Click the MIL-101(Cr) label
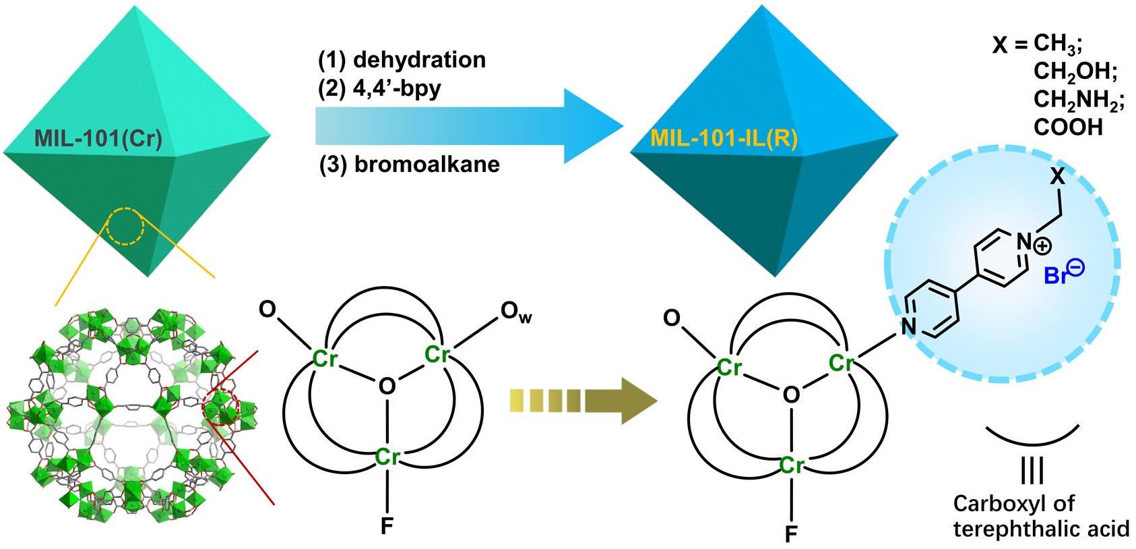tap(98, 140)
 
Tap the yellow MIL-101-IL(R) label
tap(724, 139)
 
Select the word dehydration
tap(419, 59)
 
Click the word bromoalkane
tap(427, 165)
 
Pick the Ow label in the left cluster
tap(516, 312)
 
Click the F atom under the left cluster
tap(387, 525)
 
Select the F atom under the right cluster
tap(791, 534)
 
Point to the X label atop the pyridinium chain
tap(1059, 177)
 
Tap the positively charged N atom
tap(1023, 240)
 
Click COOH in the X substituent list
tap(1068, 127)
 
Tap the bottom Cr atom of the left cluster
tap(387, 457)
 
